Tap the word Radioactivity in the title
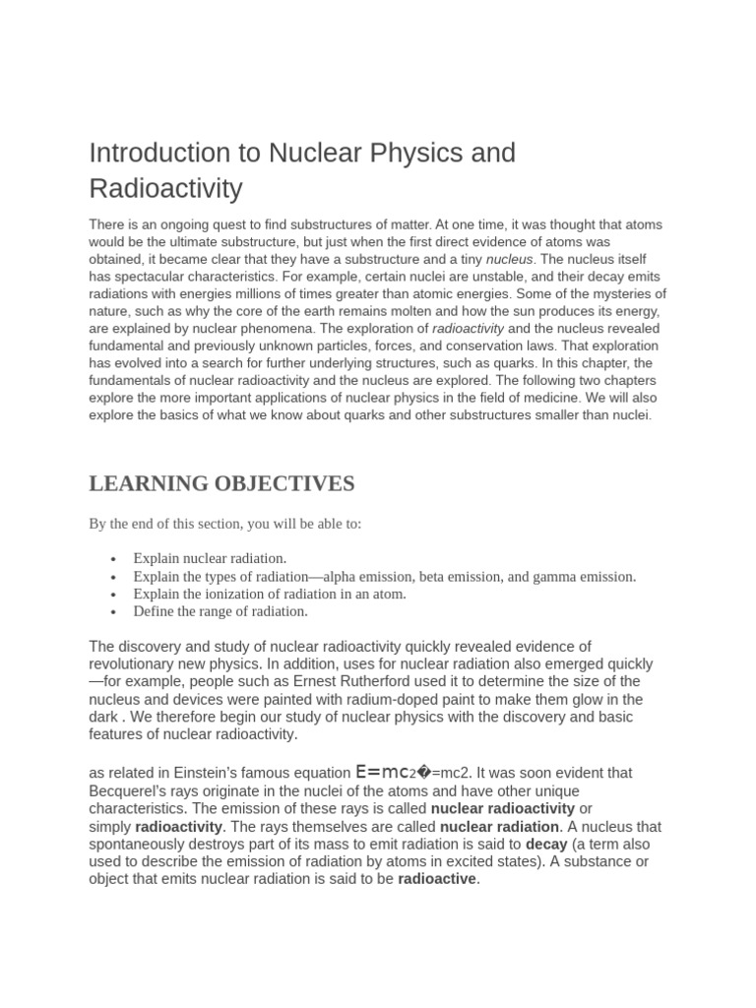tap(165, 188)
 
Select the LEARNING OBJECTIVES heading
tap(221, 483)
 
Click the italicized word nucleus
tap(510, 259)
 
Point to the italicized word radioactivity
tap(468, 328)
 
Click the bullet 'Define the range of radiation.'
tap(220, 611)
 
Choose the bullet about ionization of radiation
tap(270, 594)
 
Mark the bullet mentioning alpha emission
tap(385, 576)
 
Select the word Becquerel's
tap(131, 791)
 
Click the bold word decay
tap(546, 845)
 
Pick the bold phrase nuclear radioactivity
tap(503, 809)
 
